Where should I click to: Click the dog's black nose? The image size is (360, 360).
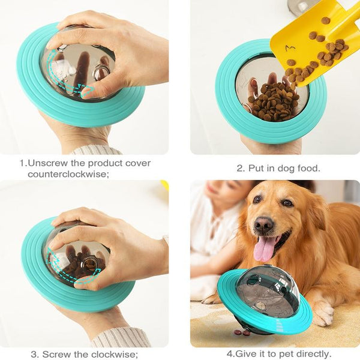(264, 224)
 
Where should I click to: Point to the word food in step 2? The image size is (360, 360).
(308, 168)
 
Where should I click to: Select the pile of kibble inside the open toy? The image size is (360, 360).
(273, 101)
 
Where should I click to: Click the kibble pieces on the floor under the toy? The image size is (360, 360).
(242, 332)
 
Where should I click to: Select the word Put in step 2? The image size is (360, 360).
(256, 168)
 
